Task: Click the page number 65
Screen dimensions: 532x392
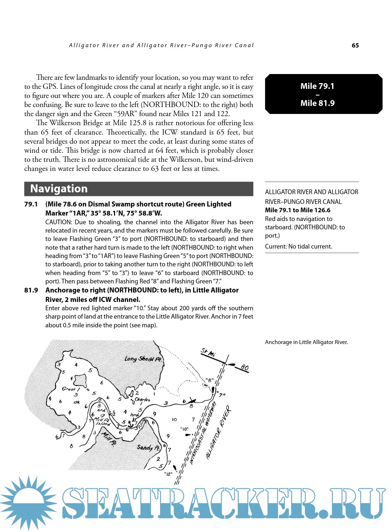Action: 355,45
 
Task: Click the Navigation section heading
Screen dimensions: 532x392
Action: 59,189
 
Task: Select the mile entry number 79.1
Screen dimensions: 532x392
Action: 31,204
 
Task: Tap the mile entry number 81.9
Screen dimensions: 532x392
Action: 31,290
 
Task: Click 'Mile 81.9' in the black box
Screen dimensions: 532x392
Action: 317,103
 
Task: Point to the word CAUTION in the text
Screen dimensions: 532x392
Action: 58,222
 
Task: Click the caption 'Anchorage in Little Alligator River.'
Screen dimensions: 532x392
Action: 306,342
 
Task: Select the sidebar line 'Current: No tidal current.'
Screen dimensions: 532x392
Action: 298,246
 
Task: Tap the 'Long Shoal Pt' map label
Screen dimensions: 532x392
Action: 143,359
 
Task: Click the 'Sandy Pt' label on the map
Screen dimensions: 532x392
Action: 148,447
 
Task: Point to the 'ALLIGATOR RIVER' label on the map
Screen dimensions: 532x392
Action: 219,434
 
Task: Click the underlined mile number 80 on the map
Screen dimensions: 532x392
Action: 244,368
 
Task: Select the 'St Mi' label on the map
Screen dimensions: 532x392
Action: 208,352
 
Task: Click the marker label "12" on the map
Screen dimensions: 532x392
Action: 168,474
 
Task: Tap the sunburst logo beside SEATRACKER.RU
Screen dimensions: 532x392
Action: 28,503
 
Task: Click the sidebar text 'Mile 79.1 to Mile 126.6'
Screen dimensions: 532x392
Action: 298,210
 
